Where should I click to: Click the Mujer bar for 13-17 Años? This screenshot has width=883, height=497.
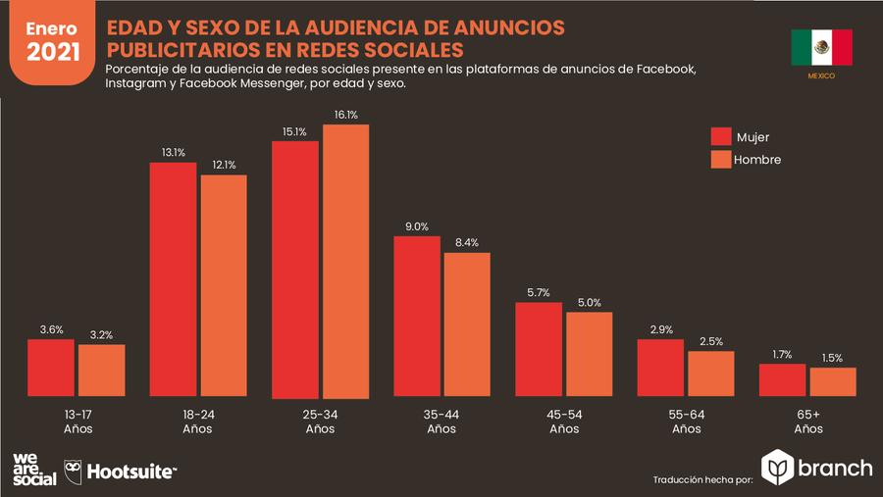coord(51,370)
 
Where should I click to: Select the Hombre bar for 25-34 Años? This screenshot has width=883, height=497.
coord(345,262)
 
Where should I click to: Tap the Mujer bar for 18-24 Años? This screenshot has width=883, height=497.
coord(173,280)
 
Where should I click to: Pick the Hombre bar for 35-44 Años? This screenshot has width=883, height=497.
coord(467,325)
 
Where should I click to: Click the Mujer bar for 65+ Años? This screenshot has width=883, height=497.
coord(782,381)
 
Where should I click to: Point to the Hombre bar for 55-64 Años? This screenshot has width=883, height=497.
coord(711,374)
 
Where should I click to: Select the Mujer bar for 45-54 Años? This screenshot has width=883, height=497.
coord(539,350)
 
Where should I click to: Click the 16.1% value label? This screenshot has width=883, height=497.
coord(345,115)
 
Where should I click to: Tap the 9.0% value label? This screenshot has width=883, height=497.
coord(416,226)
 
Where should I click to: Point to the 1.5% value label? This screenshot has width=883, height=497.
coord(832,358)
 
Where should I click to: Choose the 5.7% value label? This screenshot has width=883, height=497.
coord(539,292)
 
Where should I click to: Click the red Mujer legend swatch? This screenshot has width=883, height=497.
coord(723,136)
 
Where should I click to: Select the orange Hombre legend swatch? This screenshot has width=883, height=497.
coord(723,159)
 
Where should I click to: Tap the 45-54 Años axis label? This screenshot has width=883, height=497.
coord(563,422)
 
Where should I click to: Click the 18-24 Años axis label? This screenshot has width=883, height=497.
coord(197,422)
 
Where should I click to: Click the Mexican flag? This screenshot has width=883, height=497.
coord(821,47)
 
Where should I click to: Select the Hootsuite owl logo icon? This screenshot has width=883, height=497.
coord(74,471)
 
